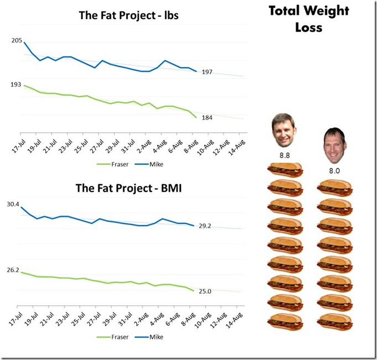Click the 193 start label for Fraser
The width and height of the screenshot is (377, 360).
click(x=15, y=84)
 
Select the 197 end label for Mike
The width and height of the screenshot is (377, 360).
click(x=207, y=72)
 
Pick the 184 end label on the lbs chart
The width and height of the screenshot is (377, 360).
click(x=207, y=117)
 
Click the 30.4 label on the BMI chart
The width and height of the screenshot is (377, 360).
click(x=13, y=204)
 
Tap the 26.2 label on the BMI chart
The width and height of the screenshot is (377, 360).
click(x=13, y=270)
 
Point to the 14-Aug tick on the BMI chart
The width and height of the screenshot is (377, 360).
click(x=237, y=319)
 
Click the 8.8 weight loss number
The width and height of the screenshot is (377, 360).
click(x=285, y=155)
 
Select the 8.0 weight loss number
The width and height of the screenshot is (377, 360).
click(x=334, y=171)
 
